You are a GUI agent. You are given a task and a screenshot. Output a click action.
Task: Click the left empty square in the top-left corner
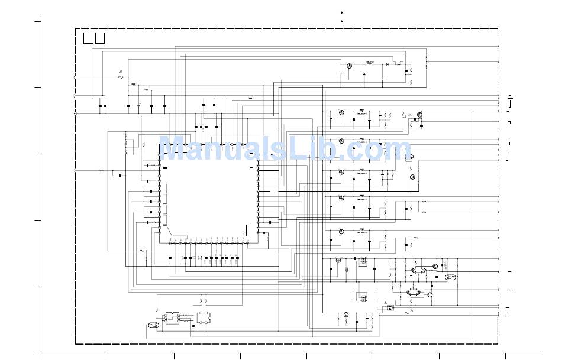tap(88, 38)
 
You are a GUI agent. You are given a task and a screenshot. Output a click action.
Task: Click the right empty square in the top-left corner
tap(99, 38)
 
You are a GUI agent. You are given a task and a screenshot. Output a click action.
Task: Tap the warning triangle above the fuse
tap(121, 71)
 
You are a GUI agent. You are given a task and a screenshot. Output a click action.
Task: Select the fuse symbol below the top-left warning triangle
tap(122, 77)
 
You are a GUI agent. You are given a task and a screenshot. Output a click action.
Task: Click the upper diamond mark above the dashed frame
tap(341, 12)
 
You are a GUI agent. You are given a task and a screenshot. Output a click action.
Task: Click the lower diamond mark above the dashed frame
tap(341, 21)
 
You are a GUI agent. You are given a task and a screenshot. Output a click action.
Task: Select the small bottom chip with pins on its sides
tap(173, 317)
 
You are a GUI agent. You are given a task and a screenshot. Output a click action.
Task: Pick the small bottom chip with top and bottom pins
tap(204, 317)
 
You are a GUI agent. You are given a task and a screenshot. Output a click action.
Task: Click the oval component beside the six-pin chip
tap(153, 325)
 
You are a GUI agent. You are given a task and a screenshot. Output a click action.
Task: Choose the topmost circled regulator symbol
tap(349, 66)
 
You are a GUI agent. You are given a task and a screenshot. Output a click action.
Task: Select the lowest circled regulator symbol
tap(346, 314)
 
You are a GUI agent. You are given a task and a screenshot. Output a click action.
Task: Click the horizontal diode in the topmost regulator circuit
tap(387, 64)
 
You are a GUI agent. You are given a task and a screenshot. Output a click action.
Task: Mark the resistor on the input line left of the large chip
tap(101, 170)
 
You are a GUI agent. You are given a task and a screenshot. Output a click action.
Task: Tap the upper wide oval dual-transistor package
tap(418, 270)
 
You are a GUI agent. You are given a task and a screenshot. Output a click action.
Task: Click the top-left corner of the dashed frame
tap(76, 28)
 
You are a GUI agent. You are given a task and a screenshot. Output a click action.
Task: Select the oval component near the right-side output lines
tap(451, 277)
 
